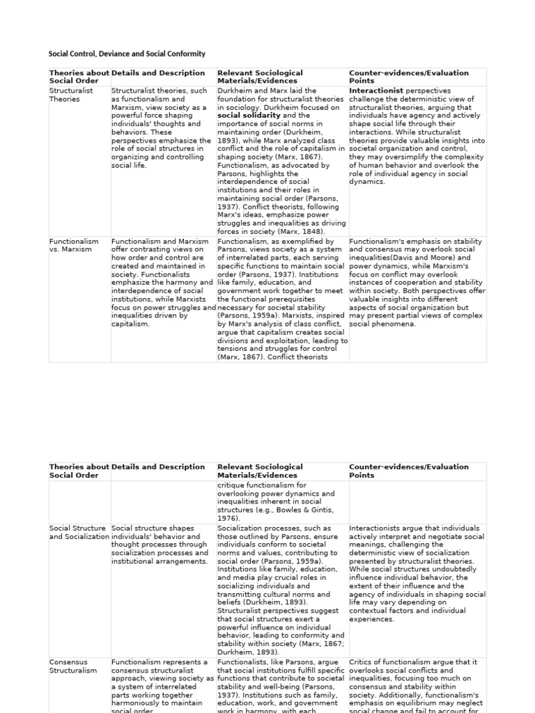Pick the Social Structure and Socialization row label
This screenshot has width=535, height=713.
(78, 533)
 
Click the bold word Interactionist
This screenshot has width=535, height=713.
(376, 91)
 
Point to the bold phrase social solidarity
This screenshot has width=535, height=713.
(249, 116)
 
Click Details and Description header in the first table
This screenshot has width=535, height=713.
(158, 73)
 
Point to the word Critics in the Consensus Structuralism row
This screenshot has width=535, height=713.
(362, 662)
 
